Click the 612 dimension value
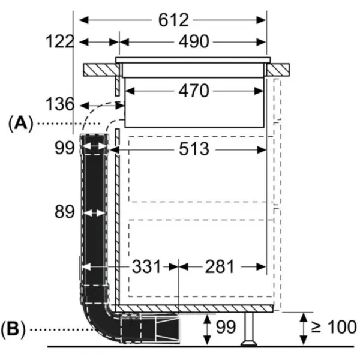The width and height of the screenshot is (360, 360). click(x=173, y=20)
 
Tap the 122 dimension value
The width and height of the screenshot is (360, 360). click(x=60, y=41)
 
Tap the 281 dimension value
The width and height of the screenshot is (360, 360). click(x=221, y=266)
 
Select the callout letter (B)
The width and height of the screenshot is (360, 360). click(x=16, y=329)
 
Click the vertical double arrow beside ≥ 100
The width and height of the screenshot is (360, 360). click(x=304, y=329)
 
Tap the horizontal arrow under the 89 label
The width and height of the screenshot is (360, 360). click(x=93, y=212)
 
